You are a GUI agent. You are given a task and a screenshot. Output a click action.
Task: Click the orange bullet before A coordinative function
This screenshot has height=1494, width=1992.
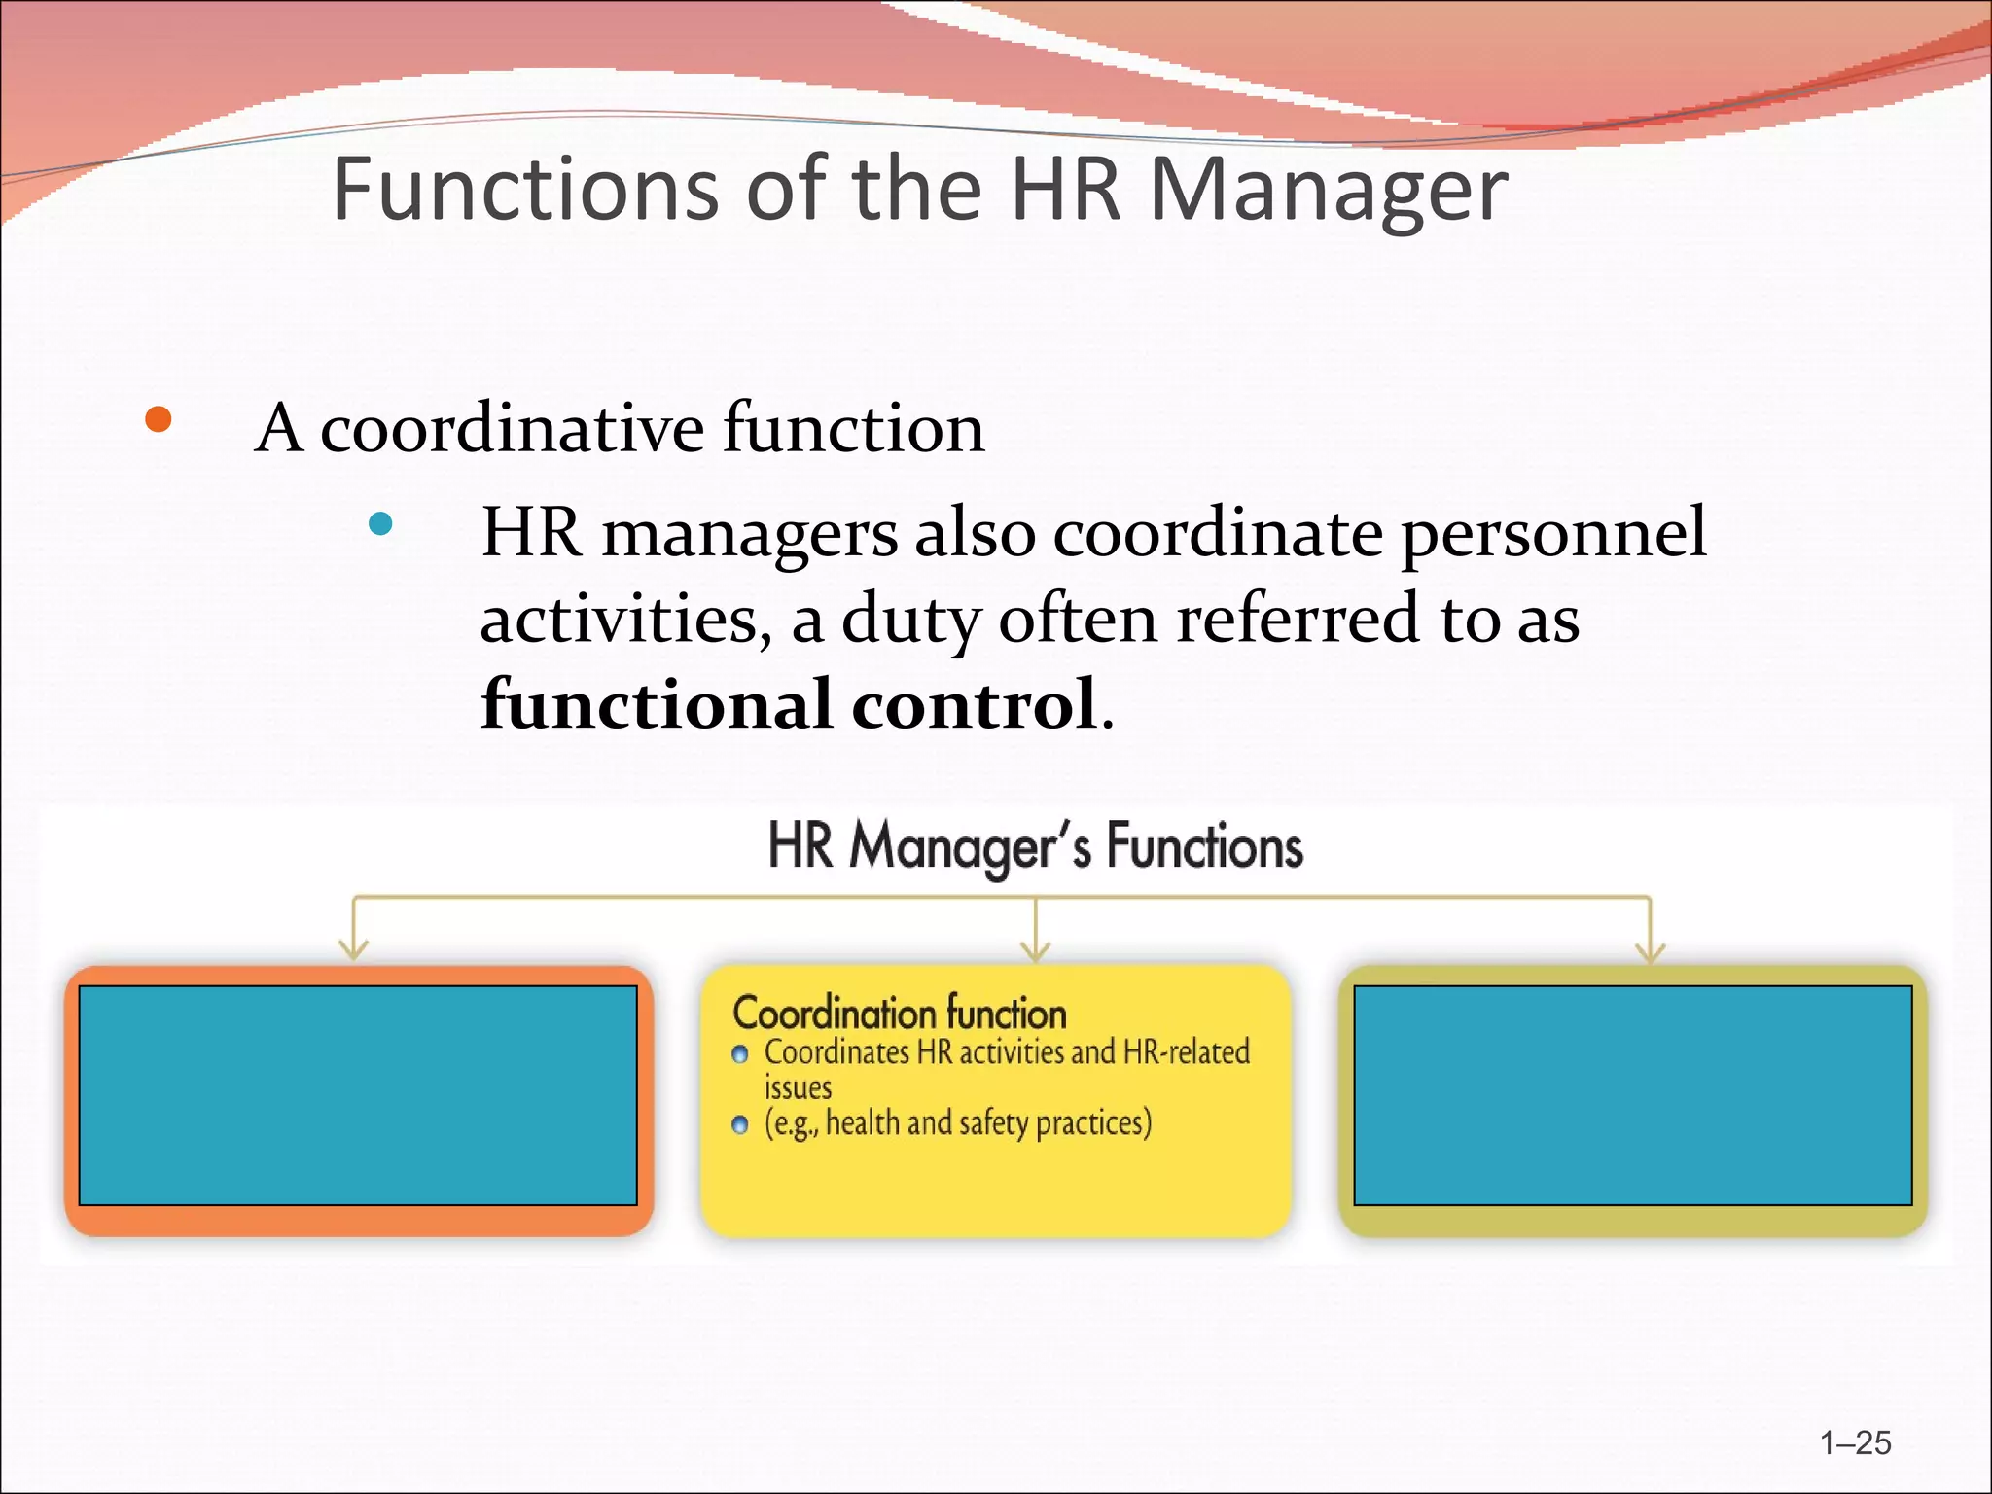[158, 420]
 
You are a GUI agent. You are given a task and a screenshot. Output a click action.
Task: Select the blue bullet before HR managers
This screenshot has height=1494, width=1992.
[381, 524]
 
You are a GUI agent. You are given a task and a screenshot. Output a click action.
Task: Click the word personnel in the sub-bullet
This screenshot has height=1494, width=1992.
[1553, 535]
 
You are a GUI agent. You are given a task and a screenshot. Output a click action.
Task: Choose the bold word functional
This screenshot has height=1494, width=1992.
[657, 704]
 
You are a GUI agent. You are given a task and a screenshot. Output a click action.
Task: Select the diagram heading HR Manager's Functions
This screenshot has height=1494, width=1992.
[1035, 846]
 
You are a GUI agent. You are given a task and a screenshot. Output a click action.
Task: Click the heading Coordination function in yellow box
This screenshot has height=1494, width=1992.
[900, 1014]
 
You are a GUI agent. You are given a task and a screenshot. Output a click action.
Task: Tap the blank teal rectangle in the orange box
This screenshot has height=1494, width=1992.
[358, 1095]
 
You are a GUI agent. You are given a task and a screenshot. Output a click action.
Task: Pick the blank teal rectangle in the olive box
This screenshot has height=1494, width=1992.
[1633, 1095]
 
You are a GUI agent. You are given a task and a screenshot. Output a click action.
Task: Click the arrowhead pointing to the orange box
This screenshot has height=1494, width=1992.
[354, 949]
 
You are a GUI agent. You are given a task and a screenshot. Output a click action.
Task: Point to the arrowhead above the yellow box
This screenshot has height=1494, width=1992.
[1036, 949]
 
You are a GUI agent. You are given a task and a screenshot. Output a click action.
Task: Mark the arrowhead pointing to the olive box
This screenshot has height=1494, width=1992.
[1651, 949]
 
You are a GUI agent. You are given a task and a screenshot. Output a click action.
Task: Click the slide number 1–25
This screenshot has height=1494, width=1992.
[1856, 1442]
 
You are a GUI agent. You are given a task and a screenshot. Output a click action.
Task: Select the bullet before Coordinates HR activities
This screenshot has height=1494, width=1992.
[740, 1055]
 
